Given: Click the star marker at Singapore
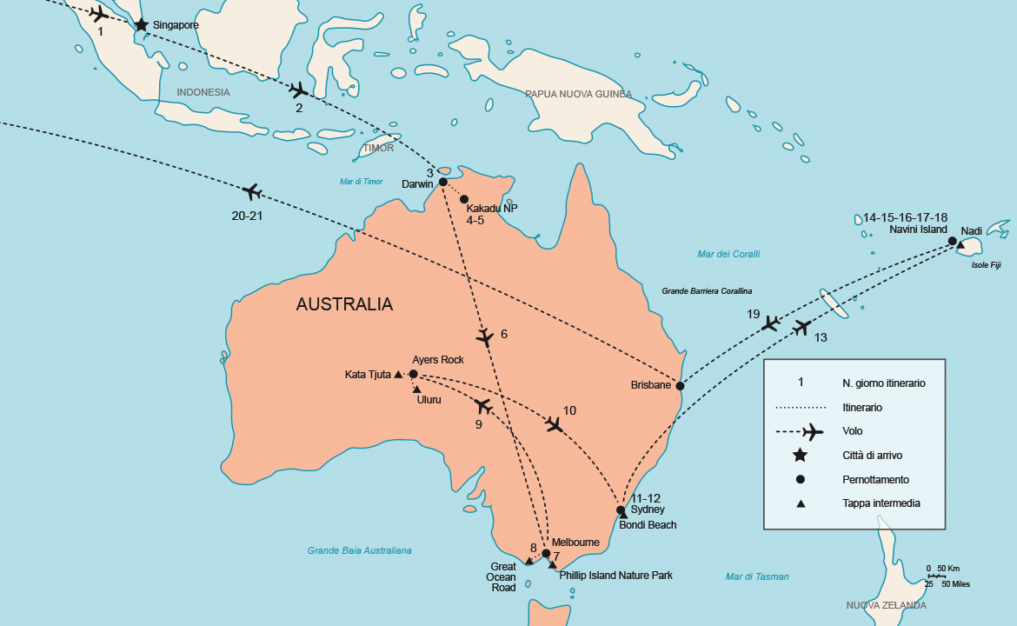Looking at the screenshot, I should point(141,25).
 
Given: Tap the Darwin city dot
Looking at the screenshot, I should point(442,182).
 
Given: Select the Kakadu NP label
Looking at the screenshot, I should point(492,209).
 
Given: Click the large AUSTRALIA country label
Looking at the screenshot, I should point(344,304).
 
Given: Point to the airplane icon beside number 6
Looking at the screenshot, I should point(486,336).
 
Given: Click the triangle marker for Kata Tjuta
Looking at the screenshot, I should point(398,375).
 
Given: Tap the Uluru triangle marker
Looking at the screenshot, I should point(417,389).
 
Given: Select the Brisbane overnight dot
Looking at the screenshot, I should point(680,385).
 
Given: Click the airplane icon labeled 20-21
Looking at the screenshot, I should point(253,191).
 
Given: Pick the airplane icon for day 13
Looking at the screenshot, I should point(802,328).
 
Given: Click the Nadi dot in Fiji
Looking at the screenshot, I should point(953,241).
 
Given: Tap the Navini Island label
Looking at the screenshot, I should point(918,230).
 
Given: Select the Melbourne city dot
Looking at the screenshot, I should point(546,553).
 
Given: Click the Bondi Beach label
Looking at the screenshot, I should point(648,525).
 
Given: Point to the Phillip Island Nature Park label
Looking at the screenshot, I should point(615,576).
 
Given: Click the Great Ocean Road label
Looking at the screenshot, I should point(503,576).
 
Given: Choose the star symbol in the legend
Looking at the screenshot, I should point(801,456).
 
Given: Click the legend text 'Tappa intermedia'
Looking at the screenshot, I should point(881,503).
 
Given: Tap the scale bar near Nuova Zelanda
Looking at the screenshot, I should point(936,576).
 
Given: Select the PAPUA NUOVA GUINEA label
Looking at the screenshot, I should point(578,94).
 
